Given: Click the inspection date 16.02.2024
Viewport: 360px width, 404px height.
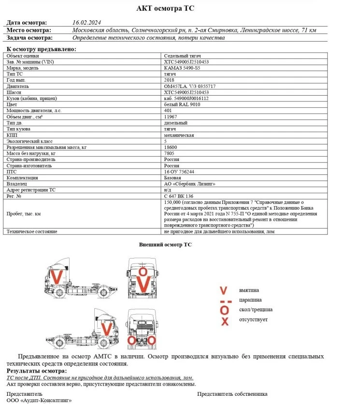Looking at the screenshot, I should (86, 23).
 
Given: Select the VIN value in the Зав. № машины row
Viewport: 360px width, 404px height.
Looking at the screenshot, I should (187, 62).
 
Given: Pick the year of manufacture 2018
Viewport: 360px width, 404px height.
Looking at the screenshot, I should (169, 80).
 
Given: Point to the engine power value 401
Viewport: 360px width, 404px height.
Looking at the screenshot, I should (168, 111).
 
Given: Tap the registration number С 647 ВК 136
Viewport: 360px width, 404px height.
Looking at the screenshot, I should (179, 196).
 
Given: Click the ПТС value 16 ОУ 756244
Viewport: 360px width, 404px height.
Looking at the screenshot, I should (180, 172).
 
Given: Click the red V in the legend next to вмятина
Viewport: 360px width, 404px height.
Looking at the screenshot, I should (223, 290).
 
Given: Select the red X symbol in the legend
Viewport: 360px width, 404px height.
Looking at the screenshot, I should (224, 321).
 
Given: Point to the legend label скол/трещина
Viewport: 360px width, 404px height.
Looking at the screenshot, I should (256, 310).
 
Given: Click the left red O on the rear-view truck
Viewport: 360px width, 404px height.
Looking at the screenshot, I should (131, 341).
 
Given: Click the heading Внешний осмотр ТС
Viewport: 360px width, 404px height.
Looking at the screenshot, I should (165, 245).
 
